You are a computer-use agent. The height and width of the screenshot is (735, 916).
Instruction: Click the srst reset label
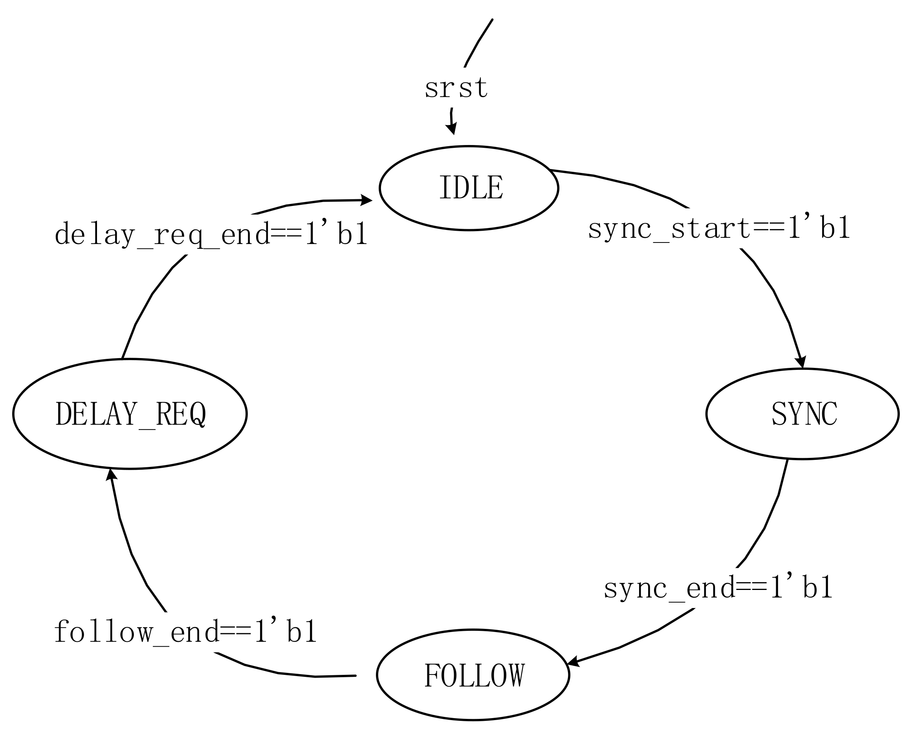456,88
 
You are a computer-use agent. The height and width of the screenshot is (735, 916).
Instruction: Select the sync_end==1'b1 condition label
718,588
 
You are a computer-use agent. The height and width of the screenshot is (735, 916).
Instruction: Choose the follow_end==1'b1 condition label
186,632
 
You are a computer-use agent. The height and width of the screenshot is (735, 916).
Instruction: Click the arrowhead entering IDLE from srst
452,129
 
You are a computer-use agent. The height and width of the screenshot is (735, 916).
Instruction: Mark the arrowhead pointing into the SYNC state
801,361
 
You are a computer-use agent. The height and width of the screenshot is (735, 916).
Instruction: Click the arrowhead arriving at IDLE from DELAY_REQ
366,200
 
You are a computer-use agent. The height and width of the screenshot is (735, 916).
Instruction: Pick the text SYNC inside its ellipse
804,413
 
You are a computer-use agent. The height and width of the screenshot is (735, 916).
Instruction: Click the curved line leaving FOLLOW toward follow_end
297,675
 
